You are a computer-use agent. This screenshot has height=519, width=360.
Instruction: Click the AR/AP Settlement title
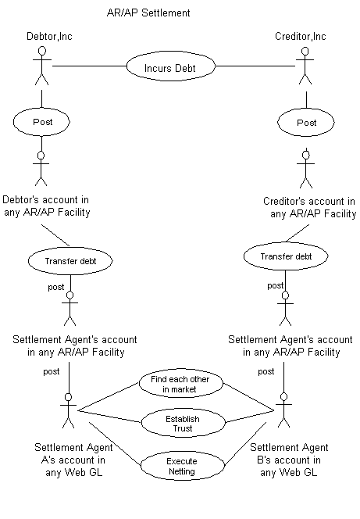click(x=148, y=13)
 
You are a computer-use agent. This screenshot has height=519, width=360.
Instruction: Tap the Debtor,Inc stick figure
click(x=41, y=66)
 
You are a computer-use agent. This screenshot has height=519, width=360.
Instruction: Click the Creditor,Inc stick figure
click(x=305, y=66)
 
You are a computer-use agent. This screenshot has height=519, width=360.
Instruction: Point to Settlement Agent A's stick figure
click(x=69, y=410)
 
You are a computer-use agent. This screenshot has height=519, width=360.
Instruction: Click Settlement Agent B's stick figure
click(x=284, y=410)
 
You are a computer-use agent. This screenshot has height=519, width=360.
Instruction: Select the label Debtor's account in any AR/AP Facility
click(x=46, y=206)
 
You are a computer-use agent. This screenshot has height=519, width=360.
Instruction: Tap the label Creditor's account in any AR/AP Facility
click(x=310, y=208)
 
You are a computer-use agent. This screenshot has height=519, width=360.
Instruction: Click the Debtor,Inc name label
click(x=49, y=36)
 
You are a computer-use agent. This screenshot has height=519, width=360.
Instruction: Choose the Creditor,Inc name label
click(x=301, y=36)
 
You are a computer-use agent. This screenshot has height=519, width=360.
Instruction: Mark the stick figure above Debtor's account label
click(x=41, y=168)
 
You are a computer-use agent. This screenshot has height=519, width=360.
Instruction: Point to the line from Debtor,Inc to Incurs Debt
click(x=90, y=66)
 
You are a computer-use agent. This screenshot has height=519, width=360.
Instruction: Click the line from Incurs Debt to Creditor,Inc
click(x=255, y=66)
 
